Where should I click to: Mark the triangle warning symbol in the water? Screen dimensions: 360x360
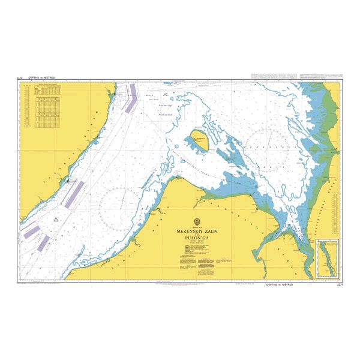click(x=55, y=220)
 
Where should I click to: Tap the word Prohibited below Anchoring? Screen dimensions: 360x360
click(x=166, y=113)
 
